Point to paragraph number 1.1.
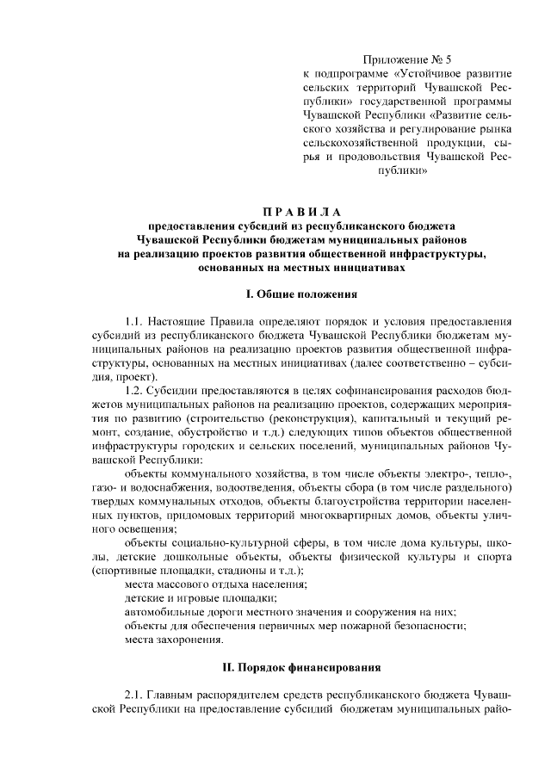135,320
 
